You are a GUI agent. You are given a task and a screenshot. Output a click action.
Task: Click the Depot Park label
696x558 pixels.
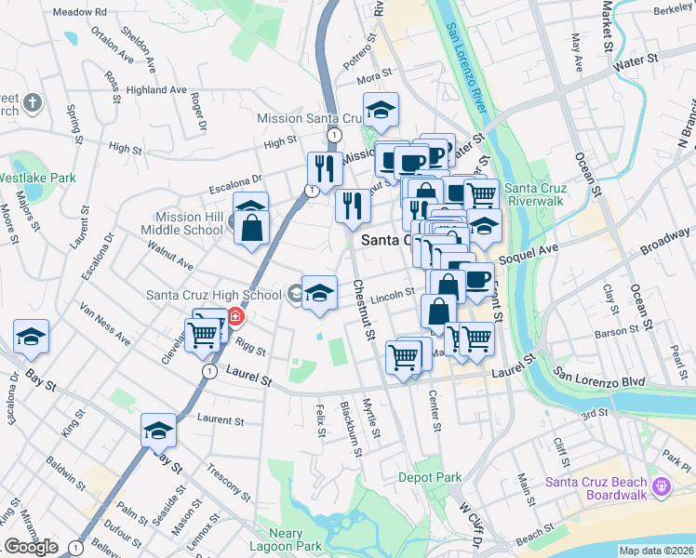click(430, 477)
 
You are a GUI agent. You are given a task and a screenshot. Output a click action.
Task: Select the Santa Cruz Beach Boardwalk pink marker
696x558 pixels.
click(661, 485)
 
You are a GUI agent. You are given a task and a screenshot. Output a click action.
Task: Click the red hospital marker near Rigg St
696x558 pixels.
click(236, 316)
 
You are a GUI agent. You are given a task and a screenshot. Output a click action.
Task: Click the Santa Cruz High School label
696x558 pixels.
click(214, 295)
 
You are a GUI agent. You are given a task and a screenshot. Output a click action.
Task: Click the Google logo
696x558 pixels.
click(31, 547)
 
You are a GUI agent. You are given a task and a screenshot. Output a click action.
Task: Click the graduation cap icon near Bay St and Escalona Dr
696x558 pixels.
click(31, 336)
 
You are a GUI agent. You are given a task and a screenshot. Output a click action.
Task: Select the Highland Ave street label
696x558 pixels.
click(157, 90)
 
